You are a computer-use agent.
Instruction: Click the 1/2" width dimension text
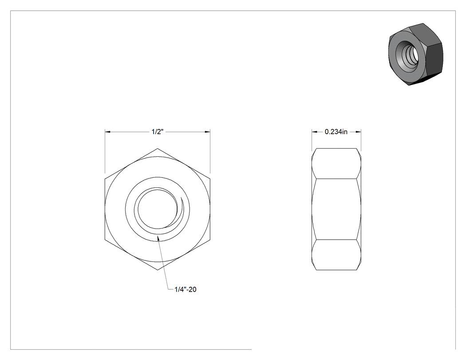tap(158, 132)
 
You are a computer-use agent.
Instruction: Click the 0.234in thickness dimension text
tap(336, 132)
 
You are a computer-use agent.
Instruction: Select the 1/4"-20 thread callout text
tap(186, 289)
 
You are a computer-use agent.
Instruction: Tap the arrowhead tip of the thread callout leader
tap(158, 236)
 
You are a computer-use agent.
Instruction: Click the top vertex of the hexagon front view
tap(158, 148)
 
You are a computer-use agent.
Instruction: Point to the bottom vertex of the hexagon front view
tap(158, 270)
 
